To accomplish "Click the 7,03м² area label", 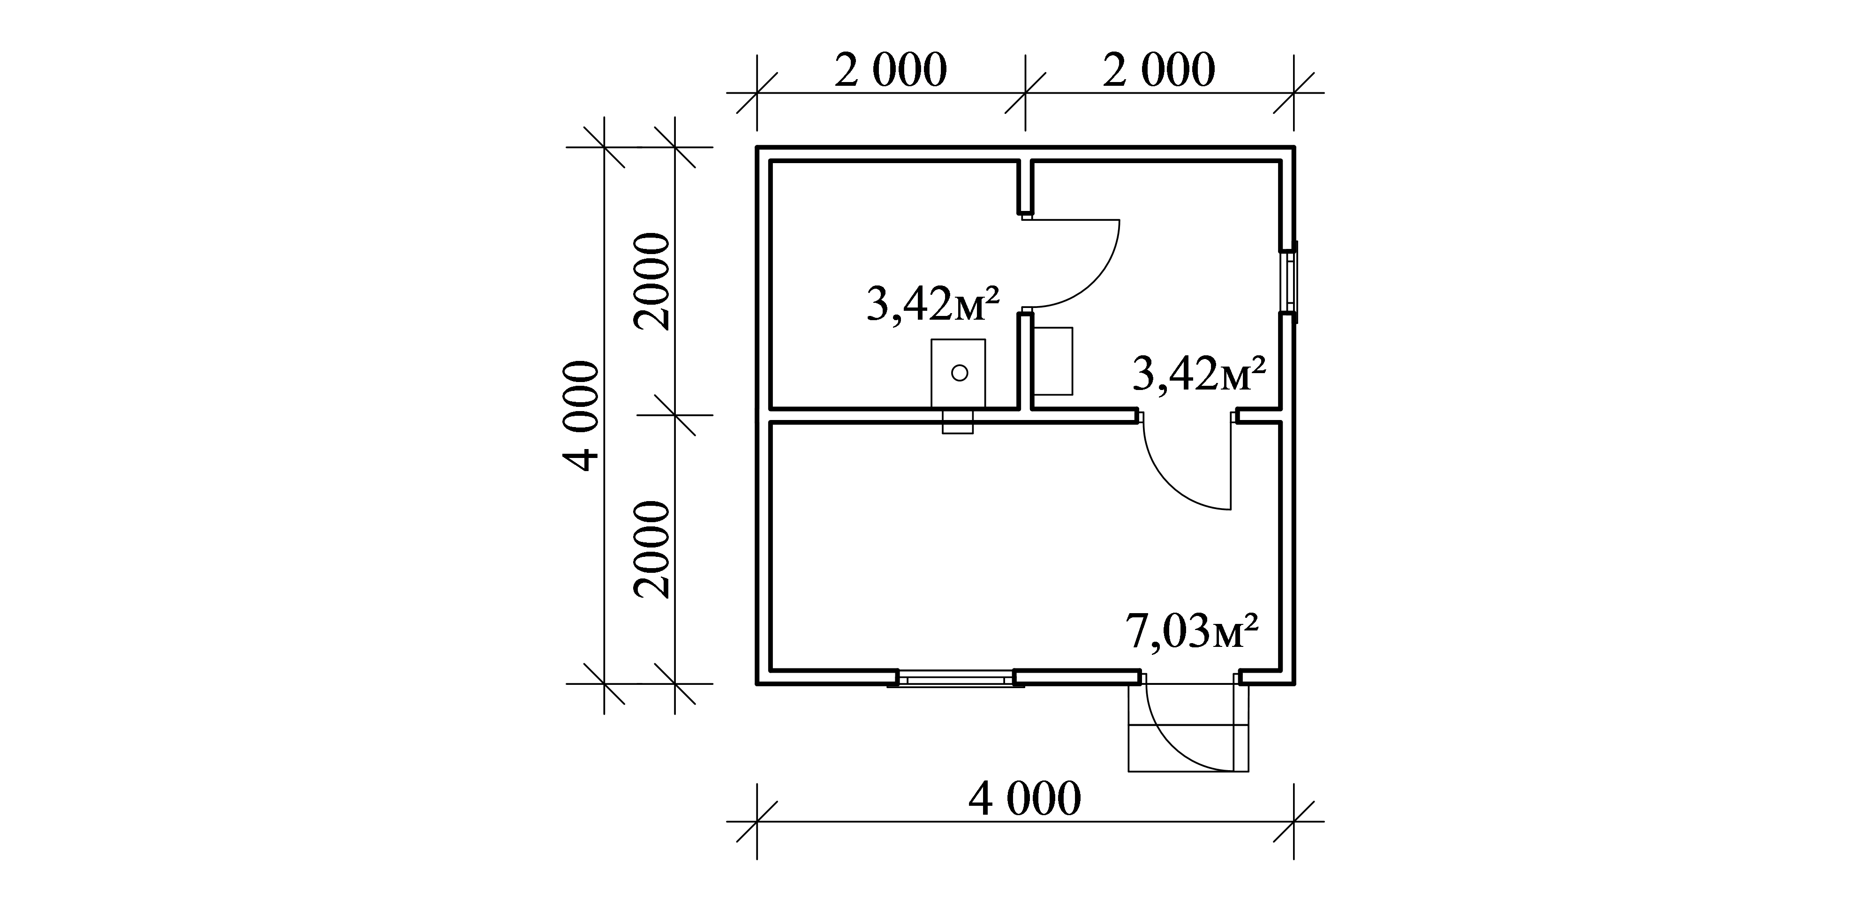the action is coord(1192,631).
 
